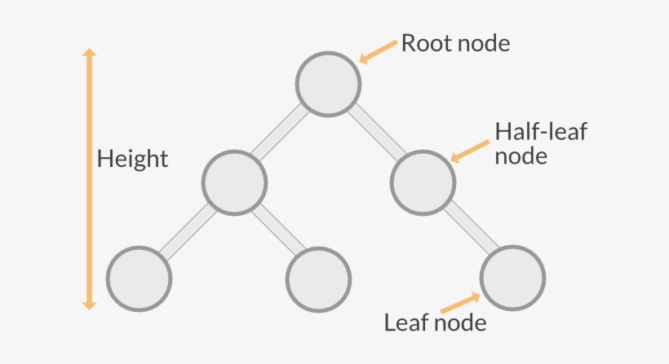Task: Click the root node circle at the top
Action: [x=328, y=83]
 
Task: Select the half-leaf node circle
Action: [x=423, y=182]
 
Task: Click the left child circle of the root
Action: [x=234, y=182]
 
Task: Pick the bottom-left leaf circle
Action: [x=140, y=279]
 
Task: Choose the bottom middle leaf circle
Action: [x=319, y=279]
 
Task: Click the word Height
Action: [x=132, y=159]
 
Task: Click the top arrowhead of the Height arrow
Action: [x=90, y=53]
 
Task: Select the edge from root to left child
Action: [x=281, y=133]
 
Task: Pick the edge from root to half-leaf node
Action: [x=376, y=133]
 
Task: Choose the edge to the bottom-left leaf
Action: [x=186, y=231]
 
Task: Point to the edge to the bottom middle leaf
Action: [x=277, y=231]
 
